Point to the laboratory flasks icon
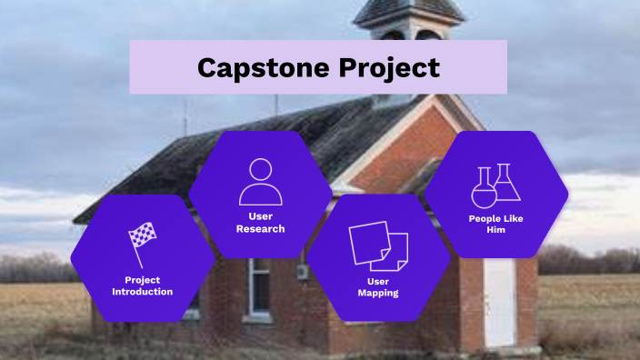pos(495,185)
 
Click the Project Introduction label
pos(142,285)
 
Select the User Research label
pos(261,223)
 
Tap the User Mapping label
pos(378,287)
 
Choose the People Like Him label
pos(495,225)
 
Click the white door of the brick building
pos(499,304)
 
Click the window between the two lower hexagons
pos(260,287)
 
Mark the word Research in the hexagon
pos(261,229)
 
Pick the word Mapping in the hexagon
pos(378,294)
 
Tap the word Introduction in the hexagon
pos(142,292)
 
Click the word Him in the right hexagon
pos(495,231)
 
